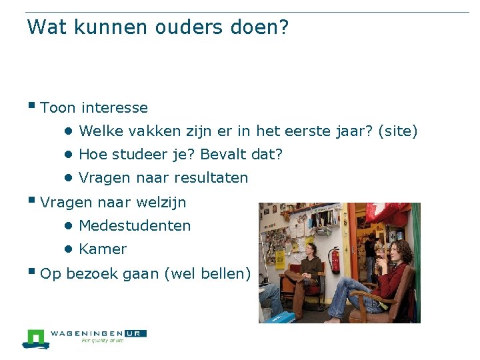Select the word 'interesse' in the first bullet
114,107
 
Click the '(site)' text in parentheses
397,131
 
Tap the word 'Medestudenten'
135,226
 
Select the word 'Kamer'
103,249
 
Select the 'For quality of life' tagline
103,341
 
